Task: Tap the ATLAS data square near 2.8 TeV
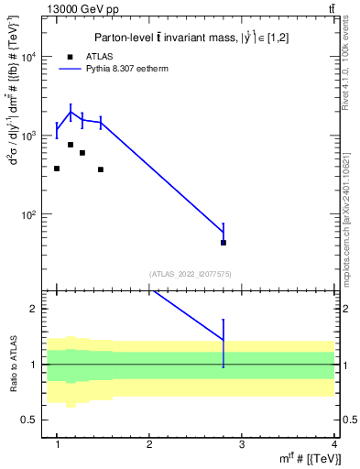coord(224,243)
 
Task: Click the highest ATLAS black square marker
coord(71,145)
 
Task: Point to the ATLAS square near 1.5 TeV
coord(101,169)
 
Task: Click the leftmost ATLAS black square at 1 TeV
coord(57,169)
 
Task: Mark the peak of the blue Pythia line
coord(71,113)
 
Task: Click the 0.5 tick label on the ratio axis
coord(34,420)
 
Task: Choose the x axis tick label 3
coord(241,444)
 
